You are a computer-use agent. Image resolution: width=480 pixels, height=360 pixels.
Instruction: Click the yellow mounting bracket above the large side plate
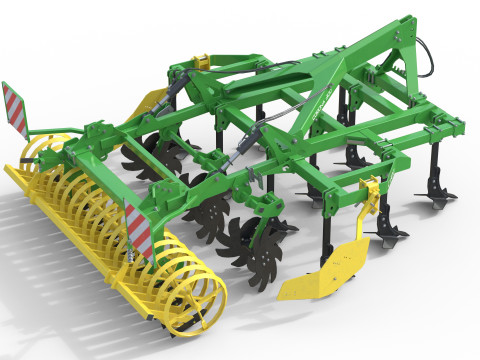(x=371, y=193)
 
